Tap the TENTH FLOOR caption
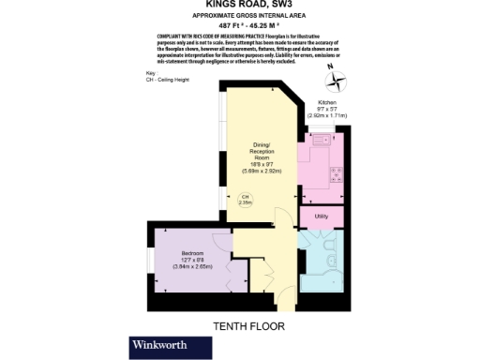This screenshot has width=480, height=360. [248, 326]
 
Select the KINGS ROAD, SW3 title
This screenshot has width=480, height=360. [239, 6]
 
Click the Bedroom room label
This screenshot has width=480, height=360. [193, 255]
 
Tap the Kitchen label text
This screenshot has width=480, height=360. [327, 101]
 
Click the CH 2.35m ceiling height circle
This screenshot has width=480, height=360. [245, 199]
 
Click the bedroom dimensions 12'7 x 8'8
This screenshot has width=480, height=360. [193, 262]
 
